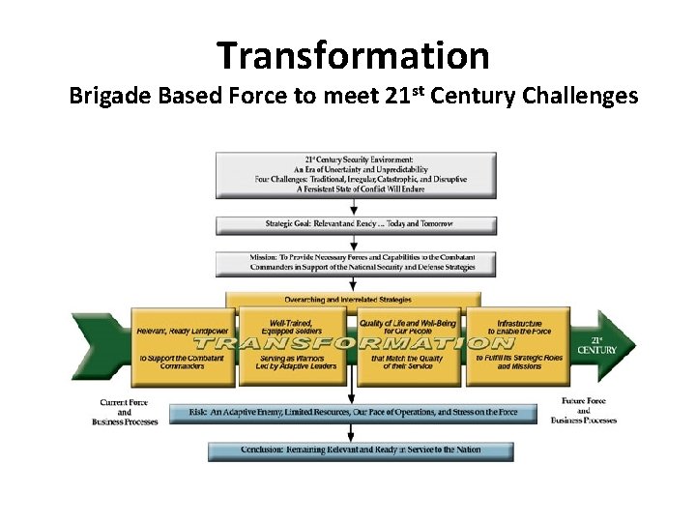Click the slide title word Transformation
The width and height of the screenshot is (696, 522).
coord(353,55)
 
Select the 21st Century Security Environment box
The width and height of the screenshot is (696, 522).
coord(356,174)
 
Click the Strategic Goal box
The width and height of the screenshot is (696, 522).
coord(356,224)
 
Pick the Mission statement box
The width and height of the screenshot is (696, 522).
coord(356,262)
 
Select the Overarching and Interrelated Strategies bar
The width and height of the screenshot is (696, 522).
coord(353,300)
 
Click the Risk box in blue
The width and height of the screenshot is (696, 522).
coord(353,413)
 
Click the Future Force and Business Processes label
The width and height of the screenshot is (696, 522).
coord(584,411)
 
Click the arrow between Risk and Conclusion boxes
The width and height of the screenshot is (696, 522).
coord(350,432)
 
